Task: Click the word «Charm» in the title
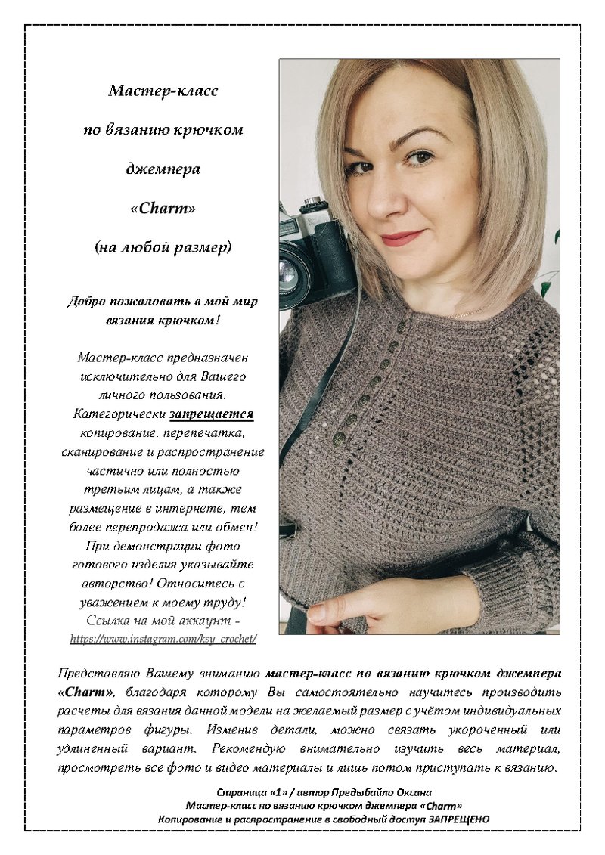pos(163,208)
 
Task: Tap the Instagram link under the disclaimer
pos(163,639)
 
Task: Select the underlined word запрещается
pos(211,414)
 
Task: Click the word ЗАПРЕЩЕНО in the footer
pos(459,819)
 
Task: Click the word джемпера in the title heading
pos(163,169)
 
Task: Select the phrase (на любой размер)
pos(163,247)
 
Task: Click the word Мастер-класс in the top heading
pos(163,91)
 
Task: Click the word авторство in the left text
pos(113,584)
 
